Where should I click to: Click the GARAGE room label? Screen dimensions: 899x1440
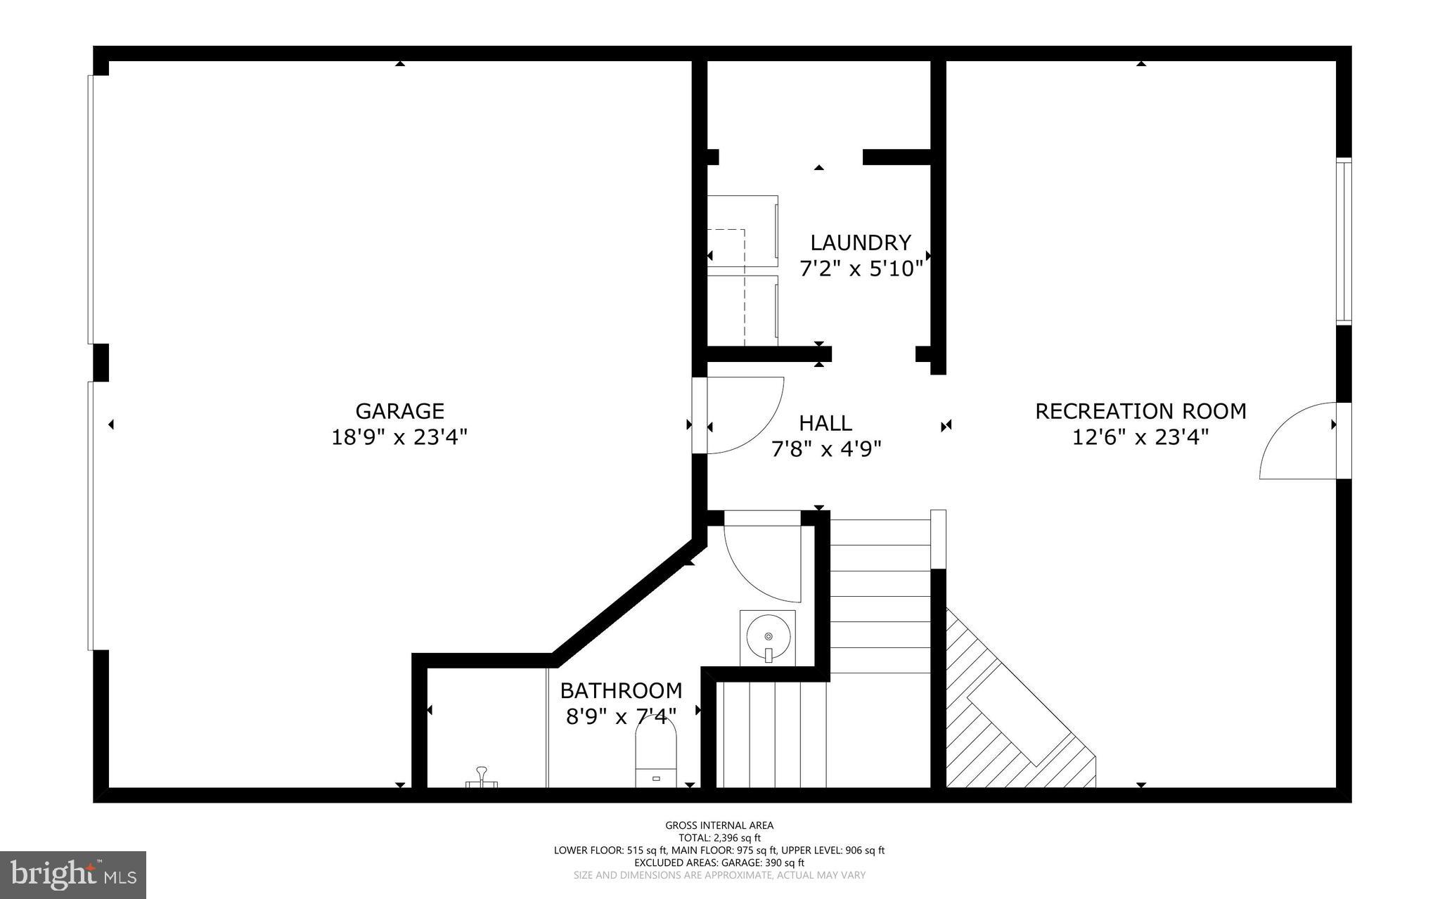coord(399,410)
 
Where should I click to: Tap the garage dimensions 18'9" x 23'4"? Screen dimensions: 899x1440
coord(399,438)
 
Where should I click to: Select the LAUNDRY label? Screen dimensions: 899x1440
coord(861,242)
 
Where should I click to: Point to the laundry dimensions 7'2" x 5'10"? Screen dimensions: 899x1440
coord(861,269)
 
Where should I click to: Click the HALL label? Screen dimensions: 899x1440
coord(825,422)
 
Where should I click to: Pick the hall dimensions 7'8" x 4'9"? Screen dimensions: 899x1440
coord(826,448)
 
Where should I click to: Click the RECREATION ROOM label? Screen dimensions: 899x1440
coord(1140,410)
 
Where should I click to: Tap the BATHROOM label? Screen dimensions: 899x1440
coord(621,690)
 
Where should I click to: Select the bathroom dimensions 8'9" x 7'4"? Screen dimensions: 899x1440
coord(621,716)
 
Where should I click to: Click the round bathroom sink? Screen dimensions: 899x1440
coord(768,637)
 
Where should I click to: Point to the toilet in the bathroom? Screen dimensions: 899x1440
coord(655,756)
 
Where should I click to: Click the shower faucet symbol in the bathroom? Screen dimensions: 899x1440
coord(482,778)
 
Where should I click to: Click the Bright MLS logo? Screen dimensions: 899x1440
coord(73,874)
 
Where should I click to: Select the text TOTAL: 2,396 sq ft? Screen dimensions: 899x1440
coord(719,838)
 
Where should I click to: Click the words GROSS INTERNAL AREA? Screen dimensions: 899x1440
coord(719,825)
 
